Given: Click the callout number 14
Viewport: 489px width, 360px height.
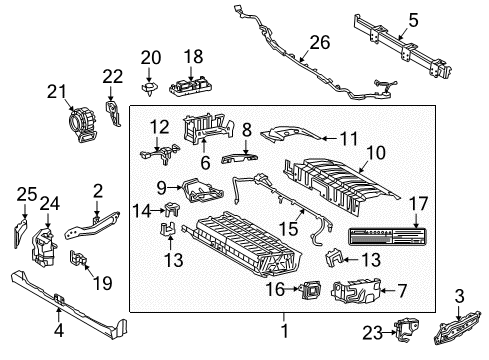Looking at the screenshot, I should coord(144,210).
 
